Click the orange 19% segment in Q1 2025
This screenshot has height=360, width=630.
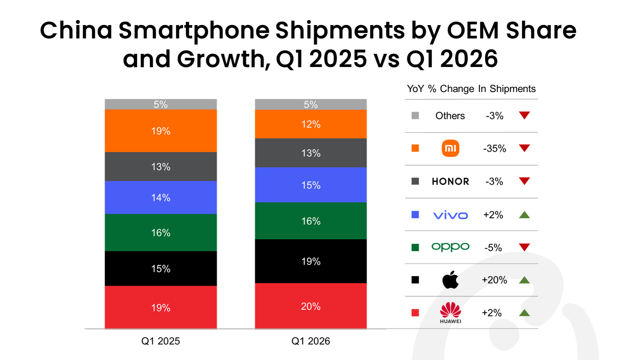pos(161,131)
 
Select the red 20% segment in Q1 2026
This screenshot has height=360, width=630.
pos(311,306)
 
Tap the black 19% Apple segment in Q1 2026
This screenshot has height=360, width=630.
pos(311,261)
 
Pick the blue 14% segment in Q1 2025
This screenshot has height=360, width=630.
pos(161,197)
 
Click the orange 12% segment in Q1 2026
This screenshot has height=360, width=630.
pos(311,124)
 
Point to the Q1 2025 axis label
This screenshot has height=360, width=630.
pos(161,341)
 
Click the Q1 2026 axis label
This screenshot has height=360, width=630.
pos(311,341)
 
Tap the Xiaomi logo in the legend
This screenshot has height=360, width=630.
pos(450,148)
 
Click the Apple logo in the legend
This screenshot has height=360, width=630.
pos(450,279)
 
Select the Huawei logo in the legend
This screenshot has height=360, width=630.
pos(450,313)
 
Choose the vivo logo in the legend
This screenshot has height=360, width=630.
pos(450,215)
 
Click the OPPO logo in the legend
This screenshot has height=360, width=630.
pos(450,247)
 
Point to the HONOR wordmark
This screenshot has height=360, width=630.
pos(450,182)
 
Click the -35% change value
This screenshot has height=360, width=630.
pos(494,149)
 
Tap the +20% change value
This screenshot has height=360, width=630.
pos(494,280)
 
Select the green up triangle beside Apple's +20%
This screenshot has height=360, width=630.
pos(524,280)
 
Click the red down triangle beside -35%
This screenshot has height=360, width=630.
pos(524,148)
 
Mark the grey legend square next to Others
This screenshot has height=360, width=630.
pos(415,115)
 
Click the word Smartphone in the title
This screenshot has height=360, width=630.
pos(194,31)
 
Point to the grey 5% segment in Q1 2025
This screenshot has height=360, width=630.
pos(161,104)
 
